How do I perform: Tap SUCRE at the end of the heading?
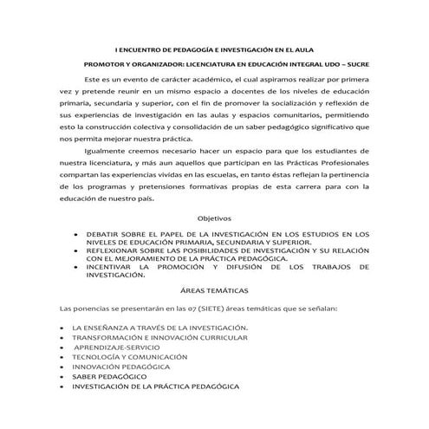tap(358, 65)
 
